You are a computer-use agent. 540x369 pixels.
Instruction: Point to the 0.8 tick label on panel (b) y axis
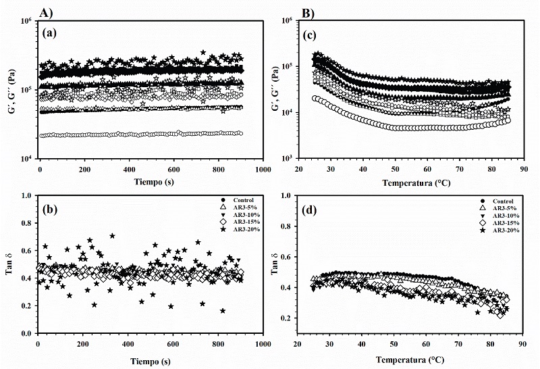[24, 224]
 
